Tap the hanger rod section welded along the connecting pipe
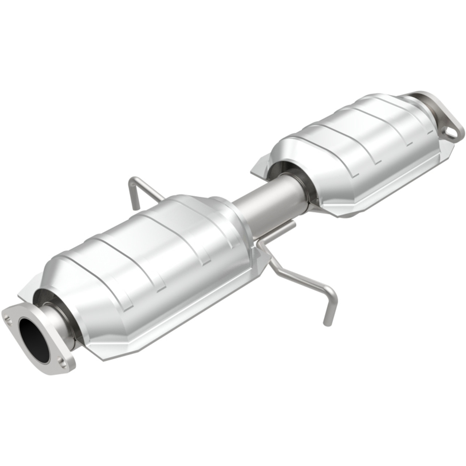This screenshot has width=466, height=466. coord(277,233)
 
